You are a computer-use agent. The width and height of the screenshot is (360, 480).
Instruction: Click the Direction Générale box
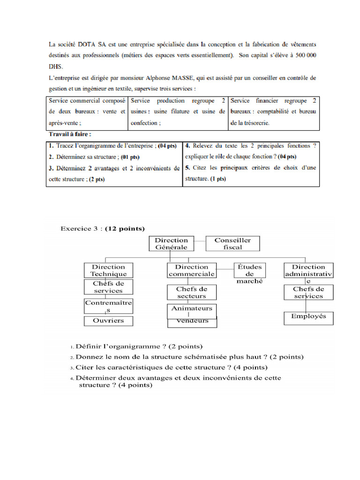[x=171, y=243]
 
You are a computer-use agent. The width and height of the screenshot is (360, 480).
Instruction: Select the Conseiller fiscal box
[x=232, y=243]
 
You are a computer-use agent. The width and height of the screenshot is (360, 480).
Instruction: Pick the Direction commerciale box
[x=191, y=270]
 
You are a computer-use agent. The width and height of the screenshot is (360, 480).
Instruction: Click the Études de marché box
[x=249, y=273]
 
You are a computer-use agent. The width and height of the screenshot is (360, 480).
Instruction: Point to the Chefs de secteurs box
[x=191, y=292]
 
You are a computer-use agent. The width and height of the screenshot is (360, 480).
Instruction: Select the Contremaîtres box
[x=108, y=306]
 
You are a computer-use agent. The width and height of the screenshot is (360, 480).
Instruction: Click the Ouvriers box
[x=108, y=321]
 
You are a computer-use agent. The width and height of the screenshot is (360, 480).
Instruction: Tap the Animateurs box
[x=191, y=309]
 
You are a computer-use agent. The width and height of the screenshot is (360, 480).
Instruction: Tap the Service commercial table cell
[x=87, y=113]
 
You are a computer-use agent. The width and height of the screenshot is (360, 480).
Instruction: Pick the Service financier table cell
[x=274, y=113]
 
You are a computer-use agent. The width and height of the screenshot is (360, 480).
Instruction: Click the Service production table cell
[x=178, y=113]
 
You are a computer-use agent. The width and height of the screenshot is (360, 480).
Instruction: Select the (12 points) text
[x=125, y=229]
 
